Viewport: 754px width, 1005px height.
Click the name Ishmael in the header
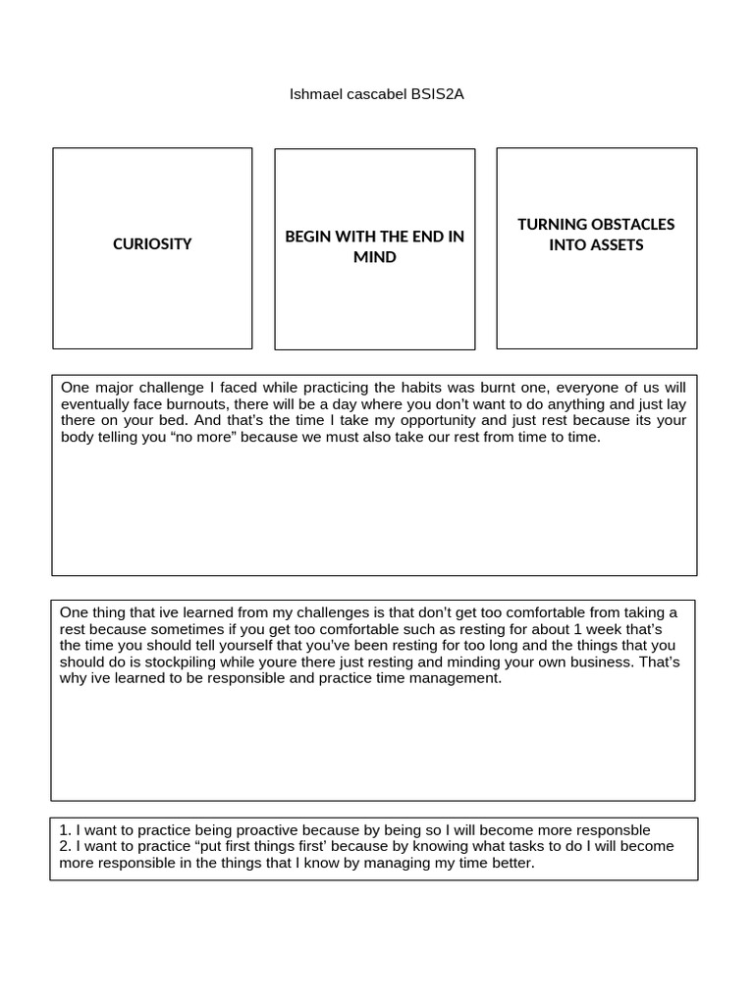point(312,95)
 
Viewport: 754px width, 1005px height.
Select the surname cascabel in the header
point(374,95)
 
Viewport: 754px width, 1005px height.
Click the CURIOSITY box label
point(152,244)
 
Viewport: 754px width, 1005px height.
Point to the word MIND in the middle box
point(374,257)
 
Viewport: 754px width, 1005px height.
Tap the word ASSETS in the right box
point(617,244)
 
